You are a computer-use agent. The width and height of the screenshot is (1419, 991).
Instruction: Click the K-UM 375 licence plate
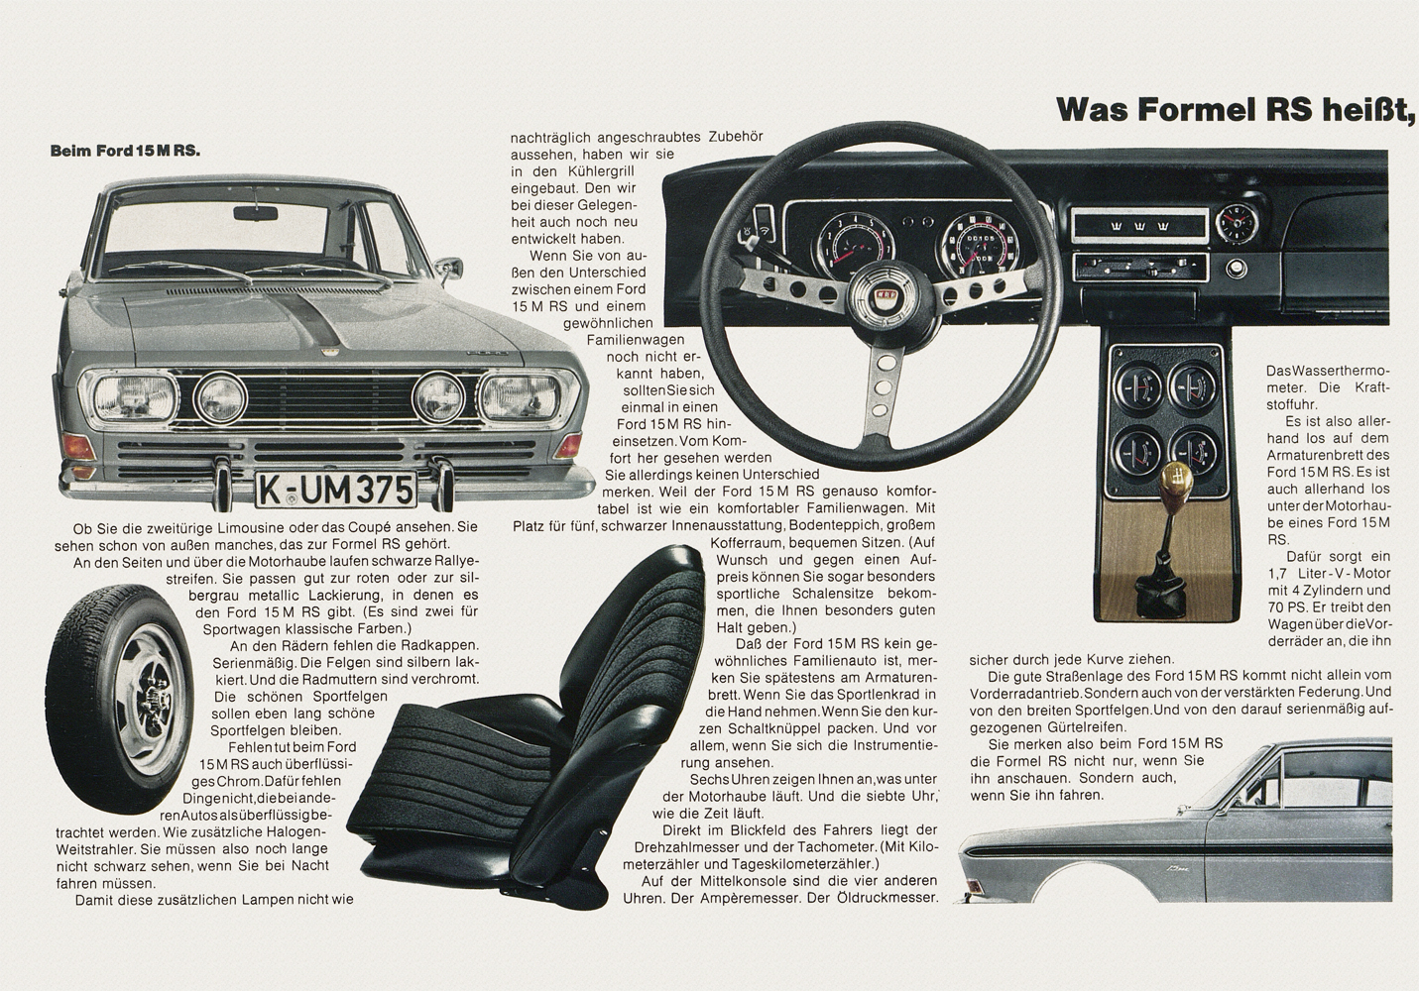tap(336, 490)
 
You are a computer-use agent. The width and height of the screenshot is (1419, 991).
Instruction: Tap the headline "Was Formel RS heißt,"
tap(1236, 109)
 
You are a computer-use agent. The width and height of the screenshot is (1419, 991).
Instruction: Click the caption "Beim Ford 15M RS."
tap(125, 152)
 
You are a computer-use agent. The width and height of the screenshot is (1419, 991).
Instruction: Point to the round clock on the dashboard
tap(1237, 222)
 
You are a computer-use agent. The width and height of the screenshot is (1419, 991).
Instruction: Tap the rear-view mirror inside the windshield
tap(255, 213)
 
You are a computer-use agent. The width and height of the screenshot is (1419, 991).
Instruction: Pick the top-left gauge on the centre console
tap(1138, 386)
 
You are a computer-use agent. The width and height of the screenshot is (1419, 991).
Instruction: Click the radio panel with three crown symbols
tap(1138, 225)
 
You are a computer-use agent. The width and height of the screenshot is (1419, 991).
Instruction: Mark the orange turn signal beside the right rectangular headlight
tap(569, 446)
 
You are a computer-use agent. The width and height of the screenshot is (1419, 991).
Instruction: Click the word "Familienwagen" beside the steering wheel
tap(636, 340)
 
